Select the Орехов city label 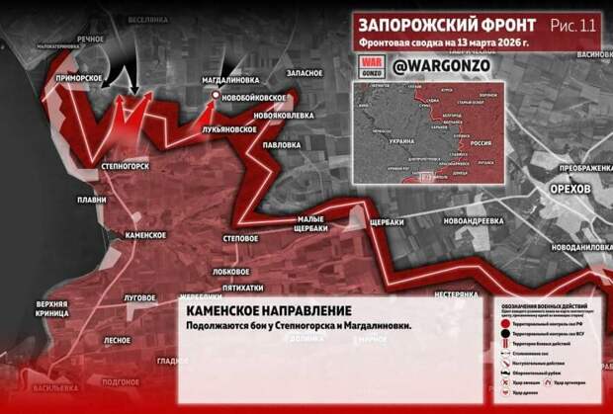pyautogui.click(x=571, y=188)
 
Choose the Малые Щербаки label pyautogui.click(x=304, y=223)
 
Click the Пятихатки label pyautogui.click(x=242, y=288)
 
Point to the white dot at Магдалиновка pyautogui.click(x=217, y=96)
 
